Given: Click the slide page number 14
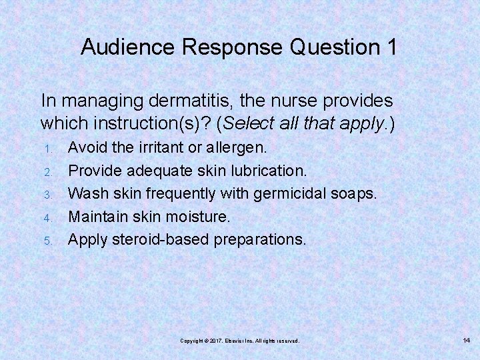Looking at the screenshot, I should pos(466,341).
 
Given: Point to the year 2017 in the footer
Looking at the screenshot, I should pos(214,341).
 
